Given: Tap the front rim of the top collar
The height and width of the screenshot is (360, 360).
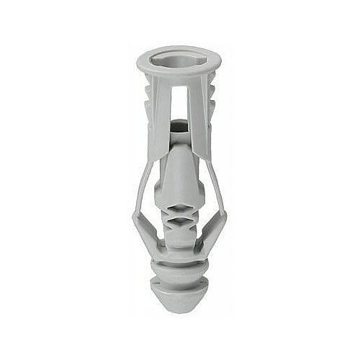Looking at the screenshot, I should (178, 73).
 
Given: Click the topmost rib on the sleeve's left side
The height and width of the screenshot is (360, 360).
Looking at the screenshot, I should (149, 89).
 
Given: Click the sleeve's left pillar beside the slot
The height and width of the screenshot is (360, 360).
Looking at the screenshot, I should (160, 108).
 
